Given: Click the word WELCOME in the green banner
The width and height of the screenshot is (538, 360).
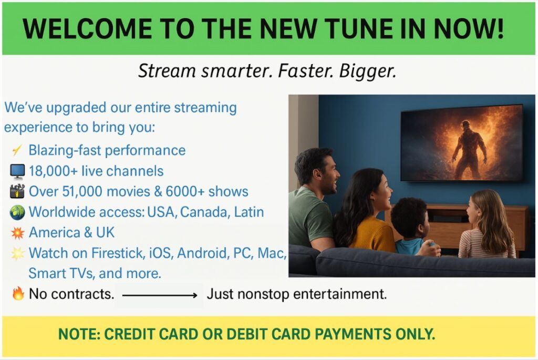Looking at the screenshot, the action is point(87,28).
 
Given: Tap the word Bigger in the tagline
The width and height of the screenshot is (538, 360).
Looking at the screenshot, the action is point(367,71).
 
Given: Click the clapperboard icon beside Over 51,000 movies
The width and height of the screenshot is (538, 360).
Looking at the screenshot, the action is point(17,191).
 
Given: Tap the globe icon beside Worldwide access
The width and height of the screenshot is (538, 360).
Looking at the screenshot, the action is point(17,212).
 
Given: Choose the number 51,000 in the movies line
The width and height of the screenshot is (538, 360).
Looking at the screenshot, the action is point(82,192).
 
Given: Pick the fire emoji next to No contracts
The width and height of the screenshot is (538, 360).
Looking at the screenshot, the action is point(18,293).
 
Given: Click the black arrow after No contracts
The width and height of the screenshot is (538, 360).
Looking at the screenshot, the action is point(160,295).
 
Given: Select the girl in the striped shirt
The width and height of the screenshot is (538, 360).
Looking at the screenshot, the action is point(487,225).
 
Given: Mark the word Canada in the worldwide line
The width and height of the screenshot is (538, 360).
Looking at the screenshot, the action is point(204,212).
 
